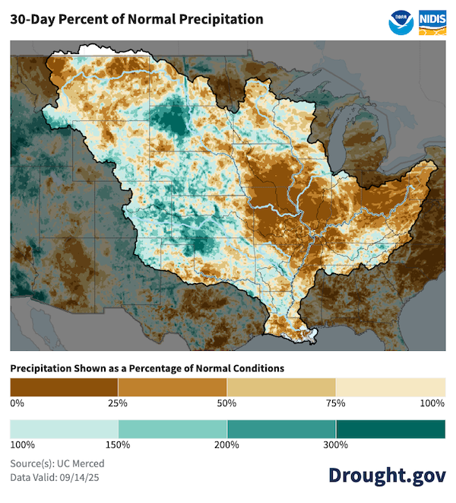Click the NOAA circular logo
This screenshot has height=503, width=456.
(401, 21)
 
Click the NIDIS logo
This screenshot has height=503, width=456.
(432, 21)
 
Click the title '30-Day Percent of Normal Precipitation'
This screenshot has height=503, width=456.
(137, 19)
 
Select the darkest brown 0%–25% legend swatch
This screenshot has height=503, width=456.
(64, 387)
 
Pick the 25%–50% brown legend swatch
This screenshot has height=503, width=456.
(173, 387)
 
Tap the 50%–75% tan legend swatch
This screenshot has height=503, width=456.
(281, 387)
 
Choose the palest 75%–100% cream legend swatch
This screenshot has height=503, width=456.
(391, 387)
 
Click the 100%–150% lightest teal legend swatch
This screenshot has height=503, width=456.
(64, 429)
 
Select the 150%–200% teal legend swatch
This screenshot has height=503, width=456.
(173, 429)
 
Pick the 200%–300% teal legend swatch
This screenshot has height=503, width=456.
(281, 429)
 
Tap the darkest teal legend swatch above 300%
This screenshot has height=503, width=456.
(391, 429)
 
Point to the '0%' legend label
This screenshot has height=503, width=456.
(17, 403)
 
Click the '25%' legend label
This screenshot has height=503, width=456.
(119, 403)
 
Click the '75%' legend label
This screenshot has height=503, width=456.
(336, 403)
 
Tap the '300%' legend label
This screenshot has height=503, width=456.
(336, 445)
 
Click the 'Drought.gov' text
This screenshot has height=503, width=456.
(387, 475)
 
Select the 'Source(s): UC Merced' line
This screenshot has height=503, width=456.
(57, 463)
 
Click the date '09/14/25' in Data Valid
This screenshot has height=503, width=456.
(87, 478)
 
